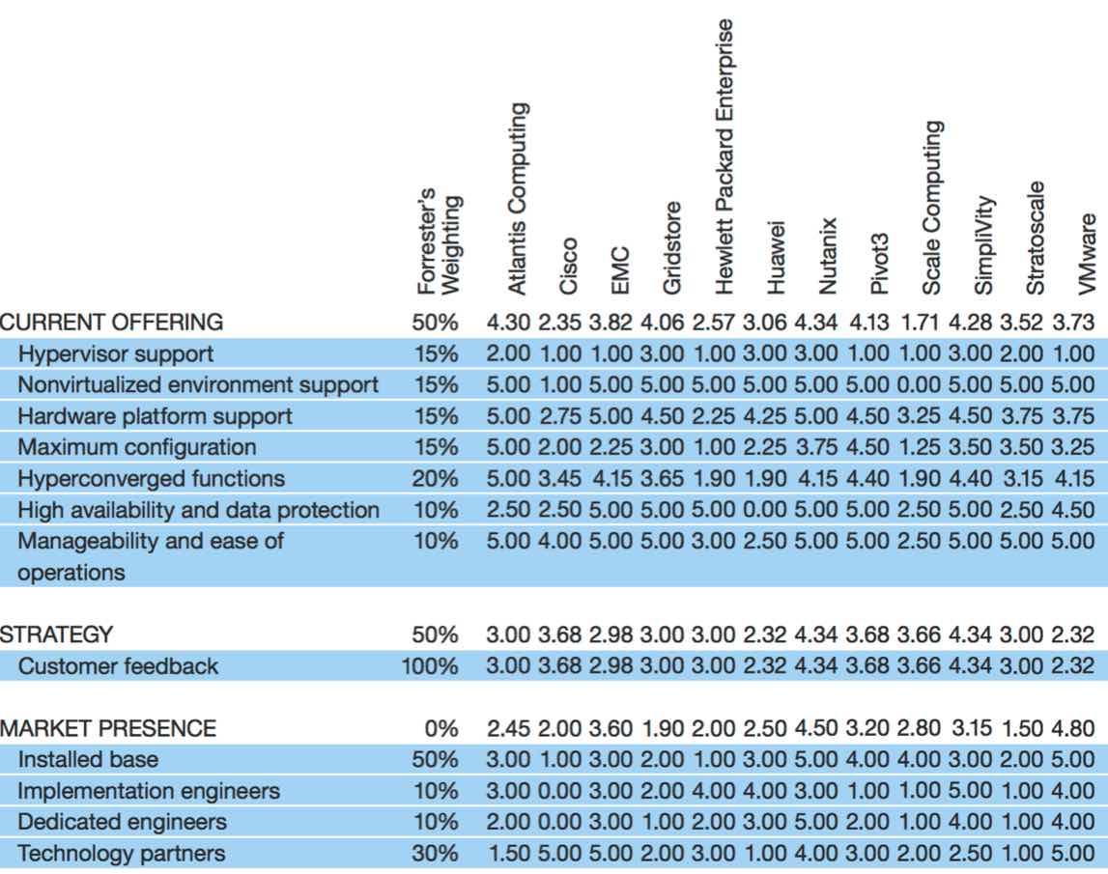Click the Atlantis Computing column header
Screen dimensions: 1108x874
click(518, 199)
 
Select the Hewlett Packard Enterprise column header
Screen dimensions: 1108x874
click(724, 156)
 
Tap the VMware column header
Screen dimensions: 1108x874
click(1086, 254)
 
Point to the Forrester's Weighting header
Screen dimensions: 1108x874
click(439, 240)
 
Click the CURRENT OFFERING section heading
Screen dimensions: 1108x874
click(112, 323)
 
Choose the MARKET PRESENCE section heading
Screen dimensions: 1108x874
click(108, 728)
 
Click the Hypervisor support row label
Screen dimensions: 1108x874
click(116, 354)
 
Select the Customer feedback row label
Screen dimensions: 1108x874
click(118, 666)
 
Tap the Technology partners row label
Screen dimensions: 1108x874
click(122, 854)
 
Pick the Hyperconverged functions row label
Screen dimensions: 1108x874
click(152, 479)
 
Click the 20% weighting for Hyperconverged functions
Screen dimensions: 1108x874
click(436, 479)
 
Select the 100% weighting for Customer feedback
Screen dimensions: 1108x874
click(430, 666)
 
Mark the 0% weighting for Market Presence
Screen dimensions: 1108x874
click(440, 728)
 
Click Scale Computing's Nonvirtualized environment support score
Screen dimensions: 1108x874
click(919, 385)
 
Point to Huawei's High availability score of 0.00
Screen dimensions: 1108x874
click(764, 510)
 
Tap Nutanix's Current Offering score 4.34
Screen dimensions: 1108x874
click(816, 323)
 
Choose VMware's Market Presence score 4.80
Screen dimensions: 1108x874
click(1072, 728)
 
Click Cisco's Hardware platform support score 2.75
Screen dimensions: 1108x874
click(559, 416)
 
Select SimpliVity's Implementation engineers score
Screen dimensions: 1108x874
click(970, 791)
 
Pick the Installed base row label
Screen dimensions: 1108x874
click(88, 759)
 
